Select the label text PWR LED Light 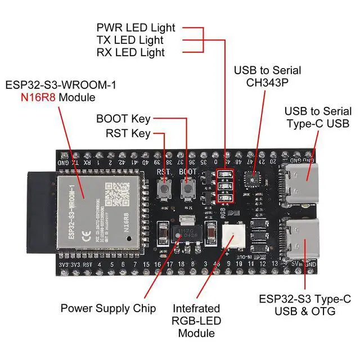[x=136, y=28]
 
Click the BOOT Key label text [x=123, y=119]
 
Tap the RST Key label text [x=128, y=133]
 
